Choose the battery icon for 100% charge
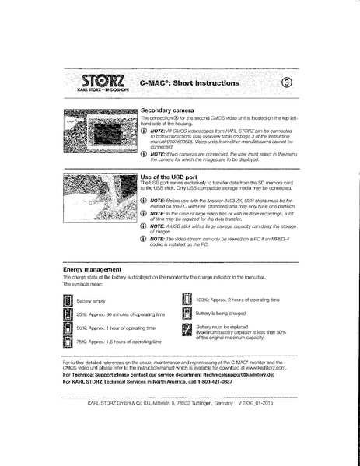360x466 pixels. tap(187, 299)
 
